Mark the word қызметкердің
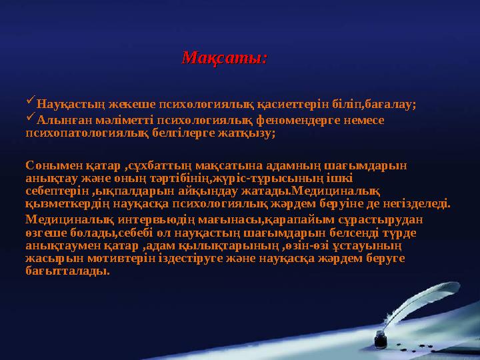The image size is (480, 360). pyautogui.click(x=64, y=203)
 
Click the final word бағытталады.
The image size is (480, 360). pyautogui.click(x=67, y=271)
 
